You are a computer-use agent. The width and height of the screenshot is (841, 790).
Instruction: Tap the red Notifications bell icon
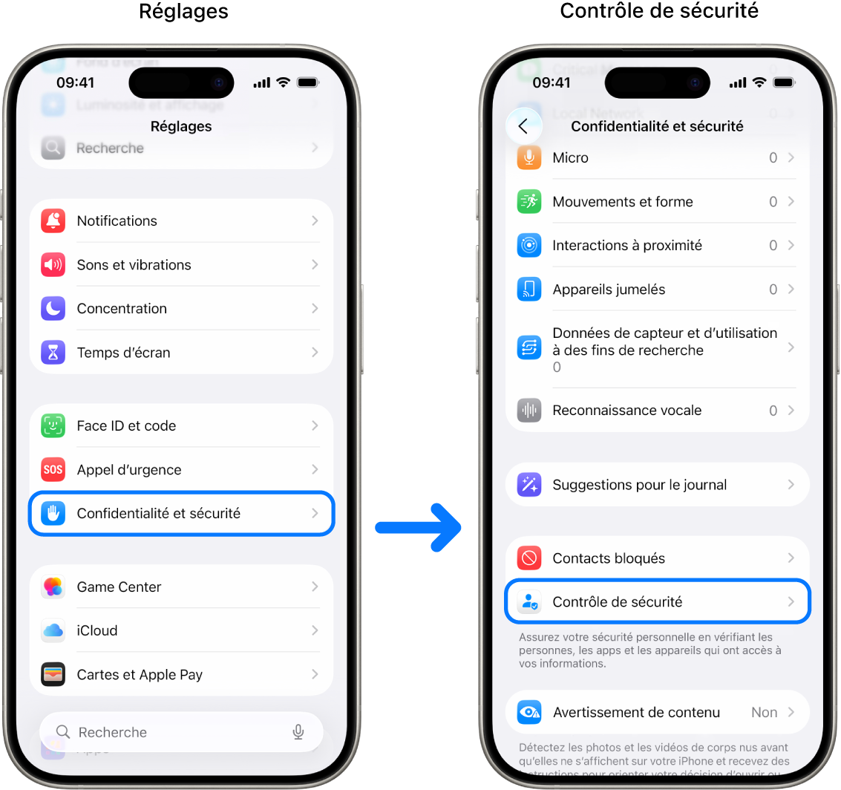tap(53, 221)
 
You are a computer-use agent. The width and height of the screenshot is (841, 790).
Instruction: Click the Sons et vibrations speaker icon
tap(53, 264)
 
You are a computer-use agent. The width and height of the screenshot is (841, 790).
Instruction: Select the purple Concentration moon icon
tap(53, 308)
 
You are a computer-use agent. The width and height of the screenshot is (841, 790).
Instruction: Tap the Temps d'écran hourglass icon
tap(53, 353)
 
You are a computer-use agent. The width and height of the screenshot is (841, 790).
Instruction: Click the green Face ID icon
tap(53, 425)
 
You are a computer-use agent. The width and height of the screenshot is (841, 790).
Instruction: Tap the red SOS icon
tap(53, 469)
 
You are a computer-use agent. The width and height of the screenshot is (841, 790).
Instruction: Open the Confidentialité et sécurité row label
tap(158, 513)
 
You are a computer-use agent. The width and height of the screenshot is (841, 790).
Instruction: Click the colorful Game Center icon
tap(53, 587)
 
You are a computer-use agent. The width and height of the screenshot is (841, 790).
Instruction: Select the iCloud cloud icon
tap(53, 630)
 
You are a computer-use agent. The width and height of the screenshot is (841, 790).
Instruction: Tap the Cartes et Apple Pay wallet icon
tap(53, 675)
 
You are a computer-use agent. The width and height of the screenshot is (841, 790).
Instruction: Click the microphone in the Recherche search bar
tap(298, 732)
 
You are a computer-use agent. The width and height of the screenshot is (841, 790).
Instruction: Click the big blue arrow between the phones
tap(419, 527)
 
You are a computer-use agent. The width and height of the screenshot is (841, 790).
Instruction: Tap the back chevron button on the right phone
tap(523, 126)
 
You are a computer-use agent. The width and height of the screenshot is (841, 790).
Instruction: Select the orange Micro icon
tap(529, 157)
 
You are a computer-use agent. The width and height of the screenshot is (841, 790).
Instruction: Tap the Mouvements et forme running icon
tap(529, 201)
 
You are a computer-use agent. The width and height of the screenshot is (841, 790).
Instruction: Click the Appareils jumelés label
tap(609, 290)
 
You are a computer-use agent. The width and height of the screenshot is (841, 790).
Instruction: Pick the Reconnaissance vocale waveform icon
tap(529, 410)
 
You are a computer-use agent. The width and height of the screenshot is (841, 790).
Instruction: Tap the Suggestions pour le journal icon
tap(529, 485)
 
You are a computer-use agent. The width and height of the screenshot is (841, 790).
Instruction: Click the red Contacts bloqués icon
tap(529, 558)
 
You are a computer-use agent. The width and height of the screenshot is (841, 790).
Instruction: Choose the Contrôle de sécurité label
tap(617, 602)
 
